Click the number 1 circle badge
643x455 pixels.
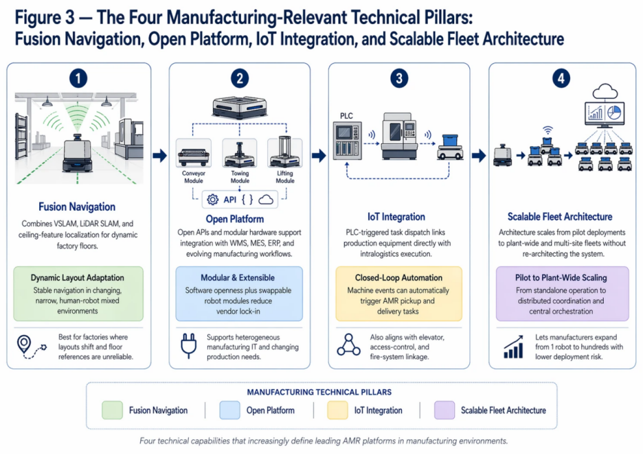point(79,78)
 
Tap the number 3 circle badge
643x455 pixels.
point(399,78)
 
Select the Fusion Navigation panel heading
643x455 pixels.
point(77,207)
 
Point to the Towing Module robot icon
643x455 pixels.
point(240,154)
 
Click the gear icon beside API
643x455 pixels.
point(212,200)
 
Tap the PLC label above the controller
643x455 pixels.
point(347,116)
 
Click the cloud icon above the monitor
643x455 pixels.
point(605,91)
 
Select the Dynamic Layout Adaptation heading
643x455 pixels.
point(78,278)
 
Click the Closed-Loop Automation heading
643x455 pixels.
point(398,278)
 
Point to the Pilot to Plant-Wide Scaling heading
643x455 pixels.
point(562,278)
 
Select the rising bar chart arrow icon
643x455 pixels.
point(512,347)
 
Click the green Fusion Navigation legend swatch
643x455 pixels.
point(111,410)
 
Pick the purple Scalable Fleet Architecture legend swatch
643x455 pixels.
point(444,410)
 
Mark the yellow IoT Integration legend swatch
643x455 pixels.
point(337,410)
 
